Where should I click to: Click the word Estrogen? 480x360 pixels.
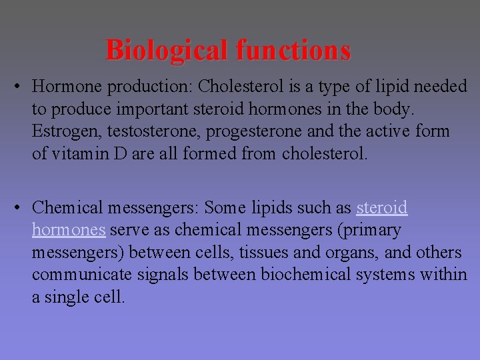pos(61,132)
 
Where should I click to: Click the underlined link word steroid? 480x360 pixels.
pos(382,208)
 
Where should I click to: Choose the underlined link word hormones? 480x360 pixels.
pos(69,231)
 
